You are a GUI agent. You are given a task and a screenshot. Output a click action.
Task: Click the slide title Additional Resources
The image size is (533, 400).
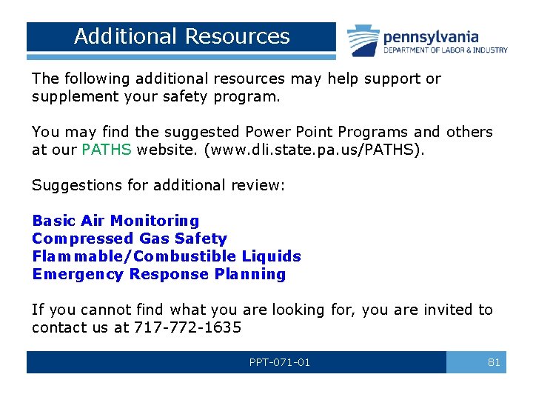(x=181, y=36)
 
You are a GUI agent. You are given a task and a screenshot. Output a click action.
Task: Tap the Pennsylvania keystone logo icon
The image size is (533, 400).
(x=363, y=40)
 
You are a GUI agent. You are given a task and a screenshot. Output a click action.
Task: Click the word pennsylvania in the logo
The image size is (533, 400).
(x=430, y=36)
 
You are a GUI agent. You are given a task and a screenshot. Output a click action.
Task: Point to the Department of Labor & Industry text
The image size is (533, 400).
(x=445, y=50)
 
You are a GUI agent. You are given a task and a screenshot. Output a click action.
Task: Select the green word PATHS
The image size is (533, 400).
(x=107, y=150)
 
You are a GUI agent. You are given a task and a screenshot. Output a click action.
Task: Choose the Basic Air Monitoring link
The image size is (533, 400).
(x=115, y=221)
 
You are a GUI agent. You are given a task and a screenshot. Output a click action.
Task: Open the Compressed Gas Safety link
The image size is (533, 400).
(x=129, y=239)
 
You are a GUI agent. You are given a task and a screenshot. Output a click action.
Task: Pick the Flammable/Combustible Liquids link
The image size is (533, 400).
(x=166, y=256)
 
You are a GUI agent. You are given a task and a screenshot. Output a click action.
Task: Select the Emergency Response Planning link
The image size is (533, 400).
(x=158, y=274)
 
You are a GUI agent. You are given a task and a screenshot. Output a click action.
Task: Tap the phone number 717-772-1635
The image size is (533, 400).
(x=187, y=327)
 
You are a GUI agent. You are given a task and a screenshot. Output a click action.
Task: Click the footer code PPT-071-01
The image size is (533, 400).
(x=280, y=362)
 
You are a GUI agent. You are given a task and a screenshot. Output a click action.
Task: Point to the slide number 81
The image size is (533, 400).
(x=494, y=362)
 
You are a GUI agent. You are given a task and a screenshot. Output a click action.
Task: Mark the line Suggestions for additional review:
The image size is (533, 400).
(x=158, y=185)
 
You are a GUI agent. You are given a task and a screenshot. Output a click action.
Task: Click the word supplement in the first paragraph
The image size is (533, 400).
(x=71, y=96)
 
